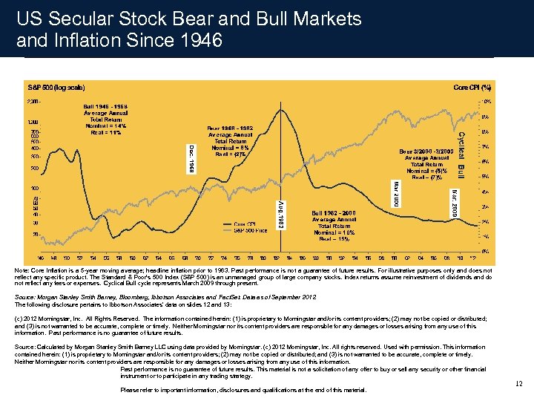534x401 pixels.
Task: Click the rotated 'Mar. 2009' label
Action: [454, 202]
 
